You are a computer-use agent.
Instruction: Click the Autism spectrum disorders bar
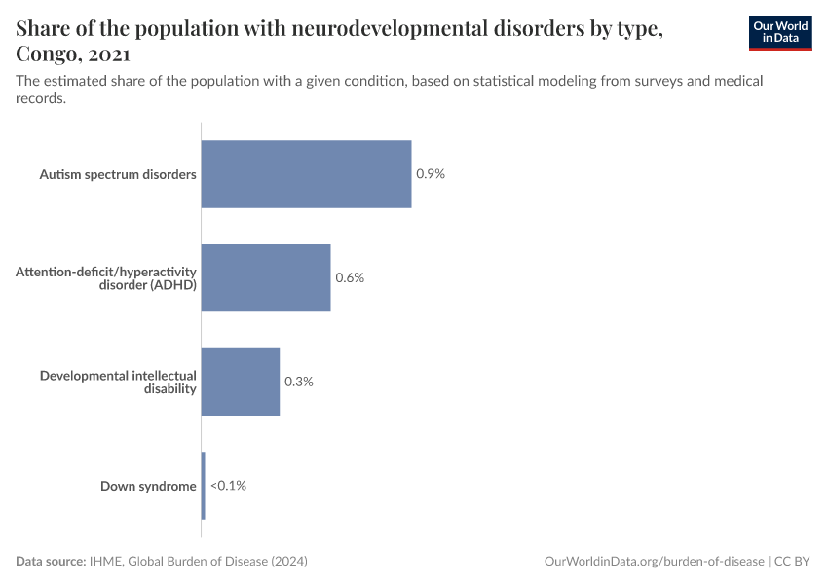click(x=306, y=174)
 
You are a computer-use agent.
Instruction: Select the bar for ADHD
click(x=266, y=277)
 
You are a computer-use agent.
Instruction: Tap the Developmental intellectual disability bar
click(x=241, y=382)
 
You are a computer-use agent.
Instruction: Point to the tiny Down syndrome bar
click(x=203, y=486)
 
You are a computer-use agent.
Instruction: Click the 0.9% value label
click(x=431, y=174)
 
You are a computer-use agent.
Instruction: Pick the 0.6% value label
click(x=350, y=277)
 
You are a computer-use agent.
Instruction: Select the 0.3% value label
click(x=298, y=382)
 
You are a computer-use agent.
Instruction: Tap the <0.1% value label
click(x=228, y=486)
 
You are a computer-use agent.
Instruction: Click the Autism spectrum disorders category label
click(x=118, y=174)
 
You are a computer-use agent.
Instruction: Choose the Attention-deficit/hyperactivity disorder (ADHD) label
click(x=106, y=277)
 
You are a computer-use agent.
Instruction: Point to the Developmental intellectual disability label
click(x=118, y=382)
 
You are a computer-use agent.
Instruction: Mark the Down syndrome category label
click(x=148, y=486)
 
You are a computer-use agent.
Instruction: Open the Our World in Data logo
click(x=779, y=32)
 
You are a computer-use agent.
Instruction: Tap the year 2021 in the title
click(x=110, y=53)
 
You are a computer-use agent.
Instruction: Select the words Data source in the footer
click(x=50, y=562)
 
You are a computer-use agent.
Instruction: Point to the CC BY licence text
click(x=793, y=562)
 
